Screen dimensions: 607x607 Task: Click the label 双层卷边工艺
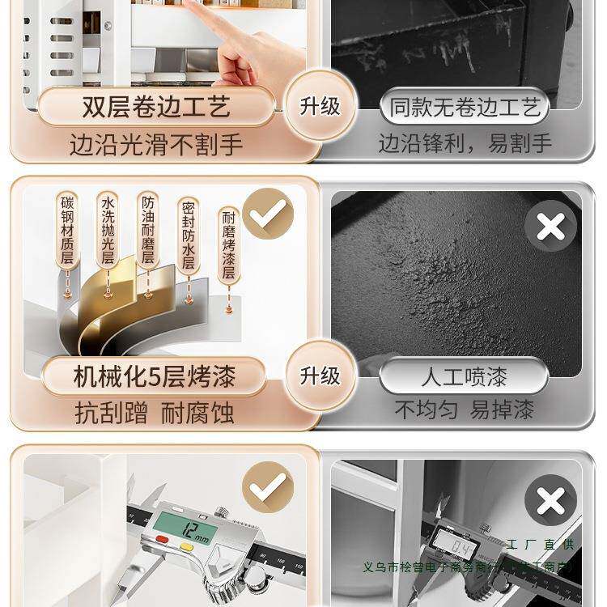point(156,107)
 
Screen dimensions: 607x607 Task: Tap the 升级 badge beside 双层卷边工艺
point(320,106)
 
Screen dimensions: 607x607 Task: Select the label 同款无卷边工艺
point(465,107)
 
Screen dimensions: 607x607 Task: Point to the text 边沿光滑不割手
point(156,146)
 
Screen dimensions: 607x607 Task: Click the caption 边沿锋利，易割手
point(465,144)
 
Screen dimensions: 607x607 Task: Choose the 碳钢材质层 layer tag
point(67,230)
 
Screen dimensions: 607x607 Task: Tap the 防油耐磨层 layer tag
point(147,230)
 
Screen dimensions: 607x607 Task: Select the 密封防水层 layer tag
point(189,235)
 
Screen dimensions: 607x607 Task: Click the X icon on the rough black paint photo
point(550,227)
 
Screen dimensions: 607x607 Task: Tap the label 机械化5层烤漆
point(156,377)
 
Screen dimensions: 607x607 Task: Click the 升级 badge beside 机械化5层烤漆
point(320,376)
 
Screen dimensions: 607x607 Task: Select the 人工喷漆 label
point(465,377)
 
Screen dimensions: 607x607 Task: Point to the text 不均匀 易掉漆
point(465,410)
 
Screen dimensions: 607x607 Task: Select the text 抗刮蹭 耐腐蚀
point(155,413)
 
